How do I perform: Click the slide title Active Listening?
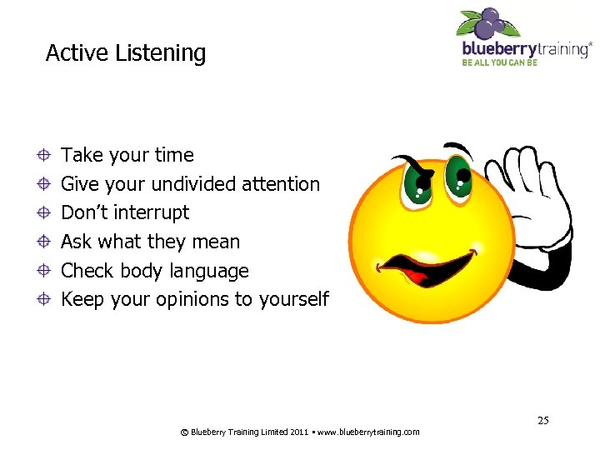point(125,53)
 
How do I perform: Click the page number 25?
point(542,420)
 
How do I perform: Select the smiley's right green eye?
point(457,172)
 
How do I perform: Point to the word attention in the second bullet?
point(280,183)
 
